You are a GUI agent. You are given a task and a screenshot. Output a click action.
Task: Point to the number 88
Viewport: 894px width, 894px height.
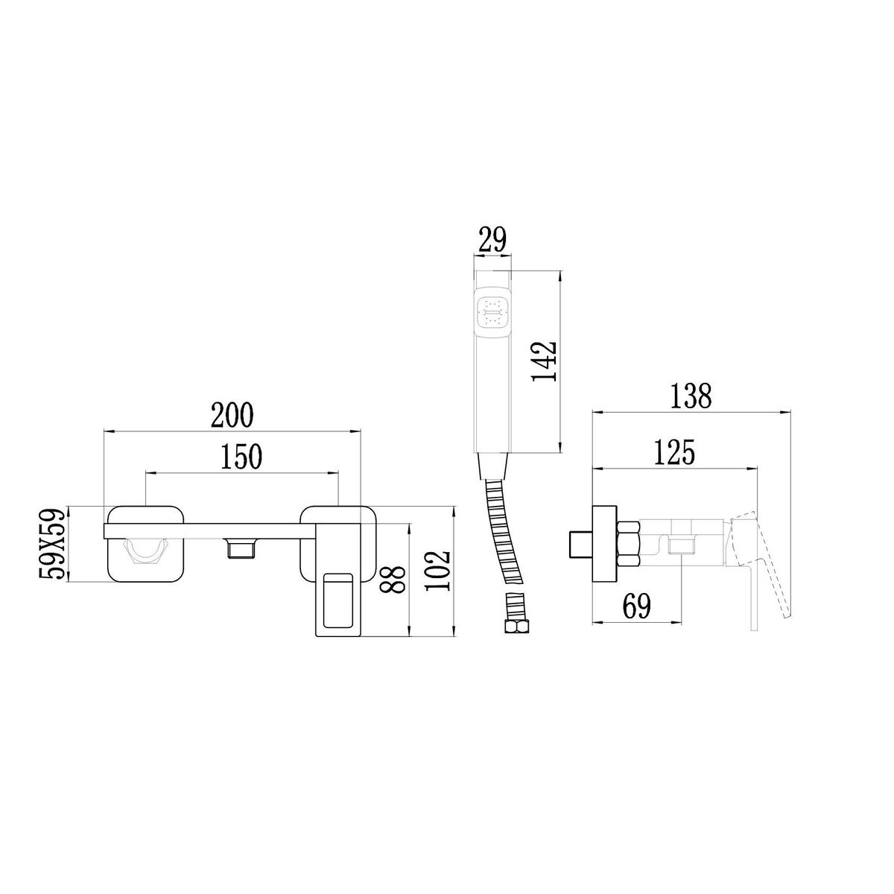393,579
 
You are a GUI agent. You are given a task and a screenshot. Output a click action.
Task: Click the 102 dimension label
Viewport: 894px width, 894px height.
438,571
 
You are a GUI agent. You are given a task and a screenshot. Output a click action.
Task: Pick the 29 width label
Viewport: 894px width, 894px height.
492,240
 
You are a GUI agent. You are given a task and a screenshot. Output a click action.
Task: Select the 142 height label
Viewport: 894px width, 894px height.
544,361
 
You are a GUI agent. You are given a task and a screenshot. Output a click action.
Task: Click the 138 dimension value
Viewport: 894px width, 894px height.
691,396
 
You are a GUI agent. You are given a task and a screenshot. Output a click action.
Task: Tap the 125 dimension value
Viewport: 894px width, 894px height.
674,452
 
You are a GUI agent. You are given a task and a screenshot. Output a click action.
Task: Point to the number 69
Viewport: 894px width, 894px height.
637,606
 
